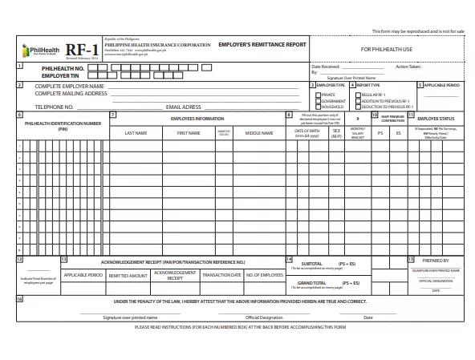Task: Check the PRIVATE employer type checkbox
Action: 318,94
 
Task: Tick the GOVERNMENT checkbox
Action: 318,100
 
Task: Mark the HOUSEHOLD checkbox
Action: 318,107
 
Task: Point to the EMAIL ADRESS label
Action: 183,106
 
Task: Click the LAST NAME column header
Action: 136,133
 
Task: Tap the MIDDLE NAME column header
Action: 259,133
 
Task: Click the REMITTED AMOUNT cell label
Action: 128,275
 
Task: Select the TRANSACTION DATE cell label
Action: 221,275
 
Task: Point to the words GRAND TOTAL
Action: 312,283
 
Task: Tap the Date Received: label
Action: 326,67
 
